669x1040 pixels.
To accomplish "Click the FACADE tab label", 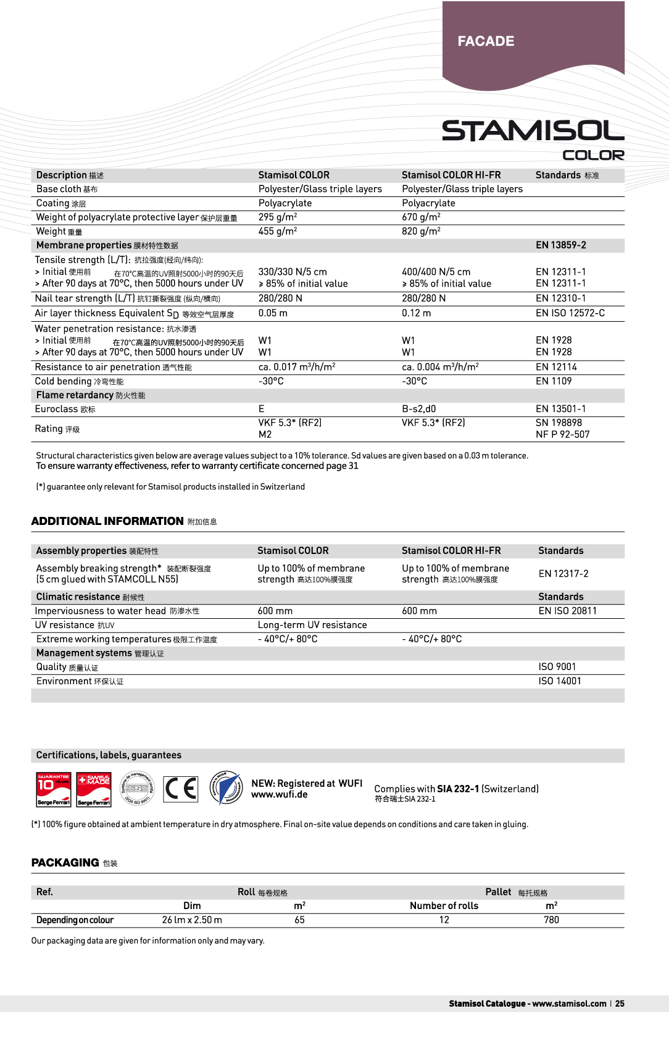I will [486, 41].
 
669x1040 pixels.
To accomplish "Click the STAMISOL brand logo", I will [533, 131].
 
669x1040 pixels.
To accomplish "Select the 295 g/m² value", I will [278, 217].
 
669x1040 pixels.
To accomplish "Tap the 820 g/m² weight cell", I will [421, 232].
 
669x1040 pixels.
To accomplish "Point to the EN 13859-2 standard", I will [560, 245].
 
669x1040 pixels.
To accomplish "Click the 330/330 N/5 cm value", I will [293, 272].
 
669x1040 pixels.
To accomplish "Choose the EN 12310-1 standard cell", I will [560, 298].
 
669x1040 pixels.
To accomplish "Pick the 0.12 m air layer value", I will [416, 313].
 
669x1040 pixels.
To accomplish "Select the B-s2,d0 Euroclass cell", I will [418, 409].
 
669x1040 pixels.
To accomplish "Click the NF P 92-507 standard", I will [562, 434].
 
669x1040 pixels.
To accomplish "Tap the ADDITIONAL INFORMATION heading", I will [107, 521].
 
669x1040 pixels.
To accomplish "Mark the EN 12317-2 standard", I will [563, 574].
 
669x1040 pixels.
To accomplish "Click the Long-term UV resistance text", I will [312, 625].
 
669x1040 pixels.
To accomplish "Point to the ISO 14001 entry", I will [559, 681].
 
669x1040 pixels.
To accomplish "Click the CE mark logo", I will [181, 789].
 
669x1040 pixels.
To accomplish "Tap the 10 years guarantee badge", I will [54, 789].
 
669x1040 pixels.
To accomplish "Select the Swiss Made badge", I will [94, 789].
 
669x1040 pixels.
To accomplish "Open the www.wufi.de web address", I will [279, 795].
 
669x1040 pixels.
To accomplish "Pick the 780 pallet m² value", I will [551, 920].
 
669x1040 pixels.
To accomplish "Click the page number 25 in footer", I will [620, 1004].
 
